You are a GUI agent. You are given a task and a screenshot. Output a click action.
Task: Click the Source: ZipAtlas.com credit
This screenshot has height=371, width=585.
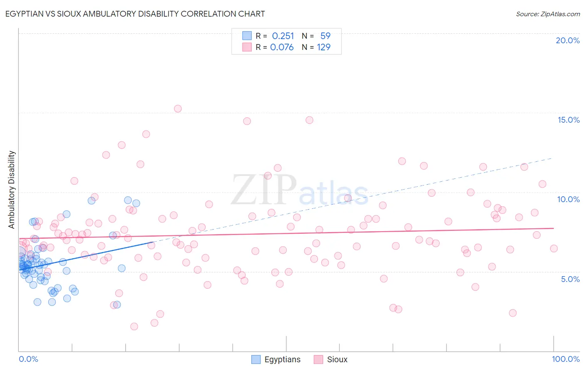coord(548,14)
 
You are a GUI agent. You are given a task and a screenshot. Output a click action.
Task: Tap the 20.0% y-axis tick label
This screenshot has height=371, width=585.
coord(568,40)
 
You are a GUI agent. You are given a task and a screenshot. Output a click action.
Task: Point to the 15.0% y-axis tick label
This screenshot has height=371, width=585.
coord(568,120)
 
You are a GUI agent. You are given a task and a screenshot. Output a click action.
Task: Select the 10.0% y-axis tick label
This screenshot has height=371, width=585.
coord(568,199)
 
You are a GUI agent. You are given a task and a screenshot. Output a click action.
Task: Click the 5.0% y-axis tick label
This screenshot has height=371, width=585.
coord(570,279)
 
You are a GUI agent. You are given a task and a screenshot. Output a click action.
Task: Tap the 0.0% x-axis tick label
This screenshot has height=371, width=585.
coord(28,359)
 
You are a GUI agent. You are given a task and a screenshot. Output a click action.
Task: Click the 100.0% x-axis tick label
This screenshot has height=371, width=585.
coord(565,359)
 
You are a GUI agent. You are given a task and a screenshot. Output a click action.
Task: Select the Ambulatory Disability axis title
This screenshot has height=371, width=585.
coord(12,190)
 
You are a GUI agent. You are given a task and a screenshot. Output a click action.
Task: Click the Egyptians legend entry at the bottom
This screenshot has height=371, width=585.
coord(276,359)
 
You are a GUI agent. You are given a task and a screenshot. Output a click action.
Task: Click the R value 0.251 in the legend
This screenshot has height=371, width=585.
coord(283,36)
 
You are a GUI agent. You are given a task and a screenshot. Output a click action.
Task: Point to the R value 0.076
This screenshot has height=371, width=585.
coord(282,47)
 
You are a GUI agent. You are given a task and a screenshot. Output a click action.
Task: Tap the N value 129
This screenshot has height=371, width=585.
coord(324,47)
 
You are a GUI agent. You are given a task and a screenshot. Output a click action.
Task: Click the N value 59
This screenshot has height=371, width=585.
coord(325,36)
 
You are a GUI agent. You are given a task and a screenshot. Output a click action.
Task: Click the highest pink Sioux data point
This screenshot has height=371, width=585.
coord(178,109)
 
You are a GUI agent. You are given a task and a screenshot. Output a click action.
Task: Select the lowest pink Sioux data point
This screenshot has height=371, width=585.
coord(134,326)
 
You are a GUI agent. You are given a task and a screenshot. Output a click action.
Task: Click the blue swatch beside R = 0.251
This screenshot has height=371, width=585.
coord(247,36)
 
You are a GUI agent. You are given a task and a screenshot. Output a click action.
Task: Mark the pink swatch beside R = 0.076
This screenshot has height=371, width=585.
coord(247,47)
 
